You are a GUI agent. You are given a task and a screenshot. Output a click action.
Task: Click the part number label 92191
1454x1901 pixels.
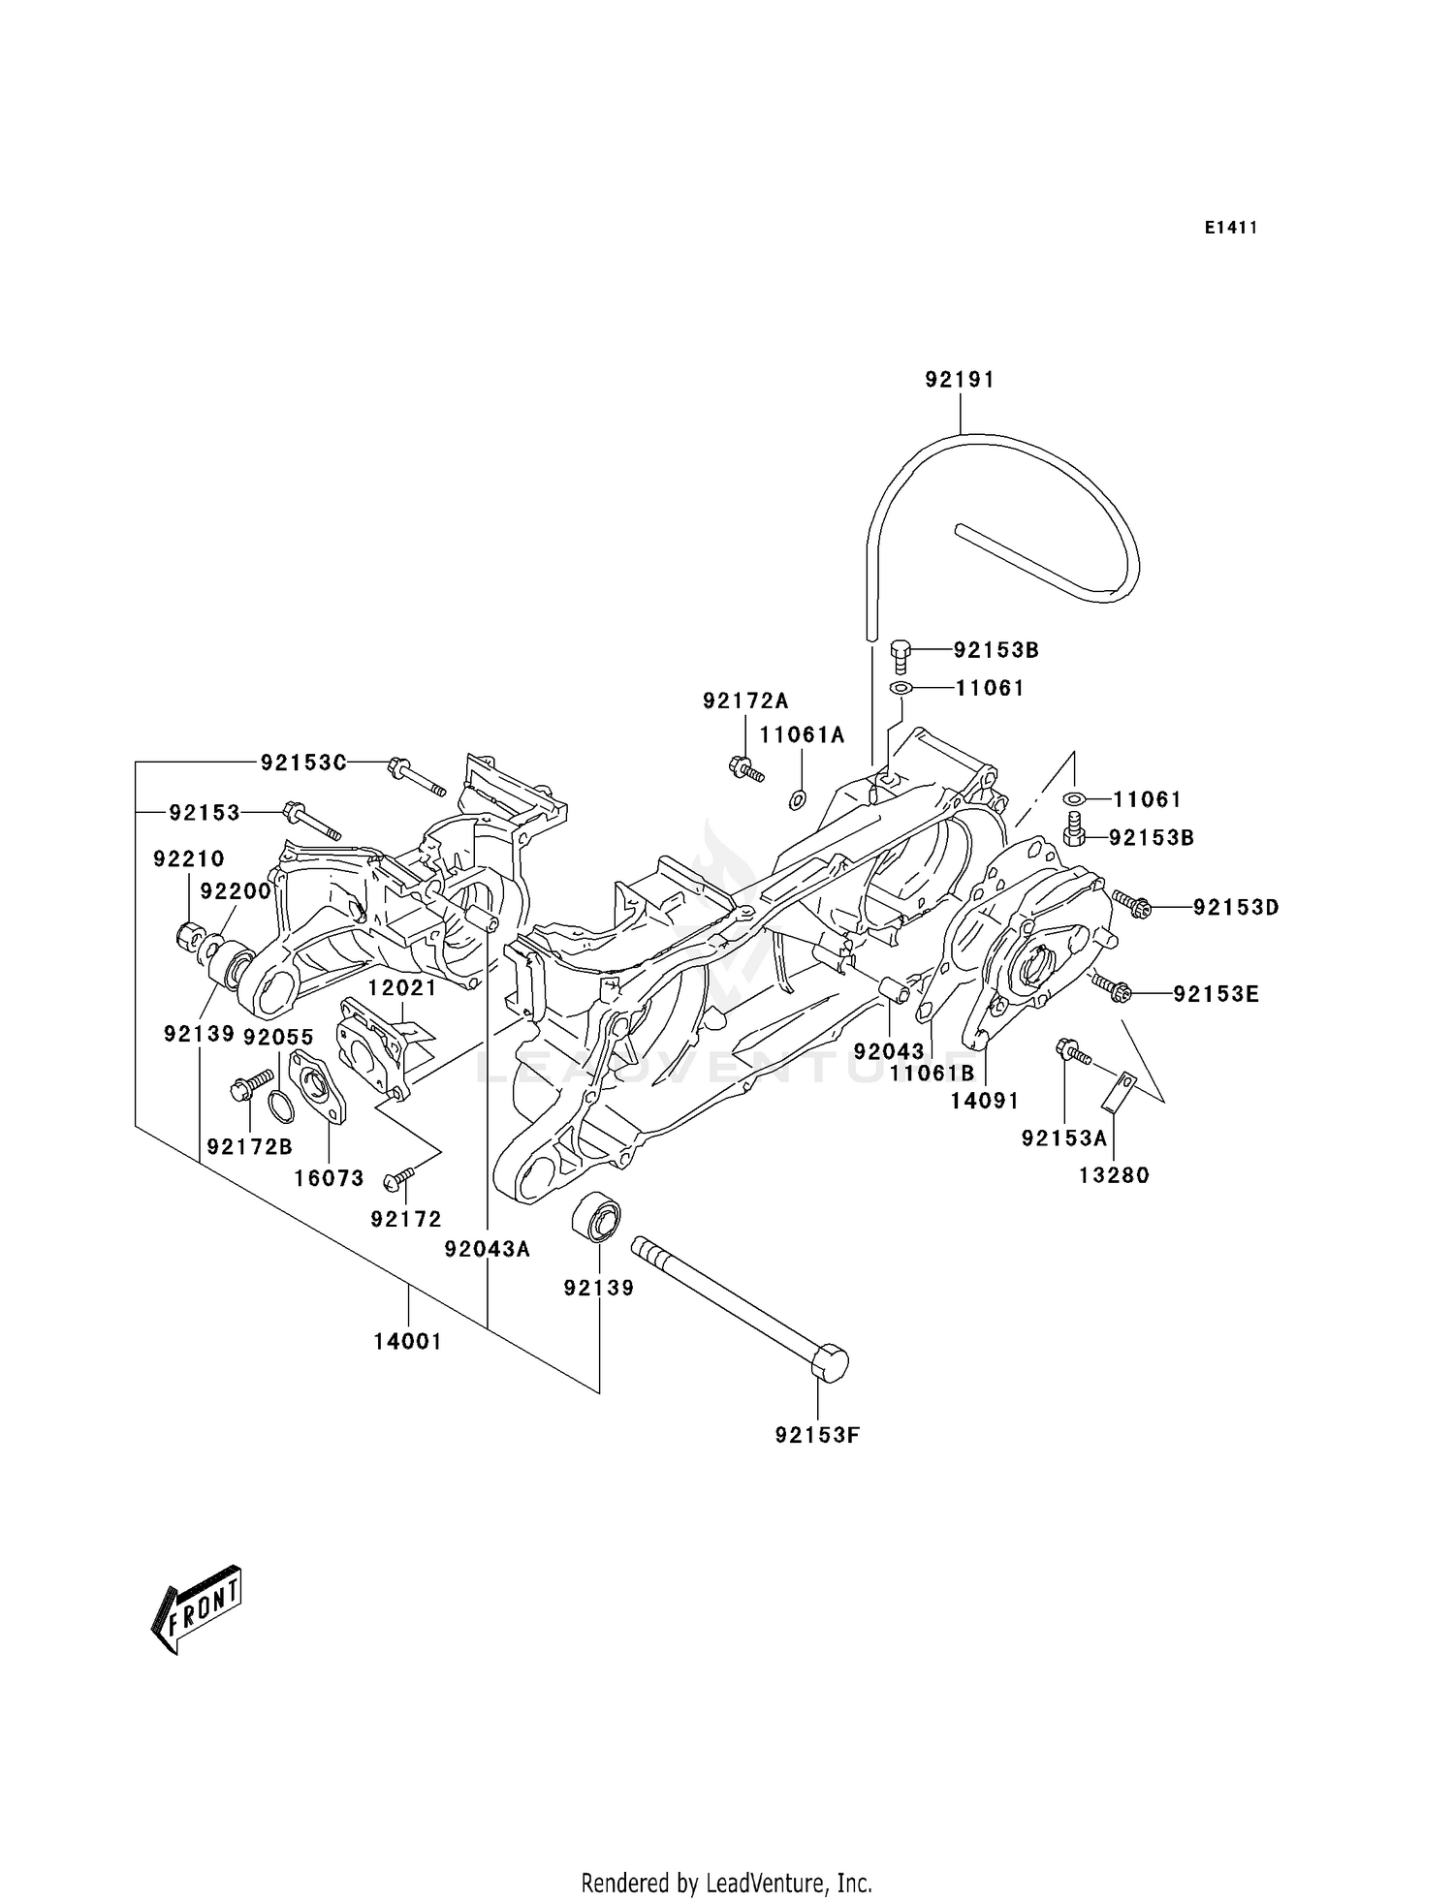click(x=959, y=380)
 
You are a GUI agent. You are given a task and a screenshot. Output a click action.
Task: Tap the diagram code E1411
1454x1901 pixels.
click(x=1231, y=228)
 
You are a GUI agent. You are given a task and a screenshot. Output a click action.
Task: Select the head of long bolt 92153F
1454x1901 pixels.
click(x=827, y=1363)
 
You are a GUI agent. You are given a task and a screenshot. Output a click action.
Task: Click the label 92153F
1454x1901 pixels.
click(x=817, y=1435)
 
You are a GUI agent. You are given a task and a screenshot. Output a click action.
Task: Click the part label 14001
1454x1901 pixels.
click(x=408, y=1342)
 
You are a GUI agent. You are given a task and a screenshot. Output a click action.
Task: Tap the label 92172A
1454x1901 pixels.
click(x=745, y=701)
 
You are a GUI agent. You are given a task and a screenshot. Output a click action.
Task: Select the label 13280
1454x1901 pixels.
click(x=1114, y=1175)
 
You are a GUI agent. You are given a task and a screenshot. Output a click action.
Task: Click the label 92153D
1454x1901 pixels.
click(x=1236, y=908)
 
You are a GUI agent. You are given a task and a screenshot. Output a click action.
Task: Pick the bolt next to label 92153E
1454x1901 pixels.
click(x=1112, y=987)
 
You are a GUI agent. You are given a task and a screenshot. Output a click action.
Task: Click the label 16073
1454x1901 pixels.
click(x=330, y=1178)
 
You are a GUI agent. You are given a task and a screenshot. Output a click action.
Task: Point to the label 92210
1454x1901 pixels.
click(x=188, y=858)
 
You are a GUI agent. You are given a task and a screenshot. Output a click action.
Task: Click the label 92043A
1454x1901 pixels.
click(x=487, y=1250)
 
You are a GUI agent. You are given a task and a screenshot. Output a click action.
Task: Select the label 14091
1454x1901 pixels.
click(x=984, y=1101)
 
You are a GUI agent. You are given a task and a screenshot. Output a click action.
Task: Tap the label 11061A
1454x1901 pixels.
click(x=802, y=735)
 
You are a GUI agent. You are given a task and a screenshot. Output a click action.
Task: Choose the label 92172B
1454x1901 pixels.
click(x=249, y=1147)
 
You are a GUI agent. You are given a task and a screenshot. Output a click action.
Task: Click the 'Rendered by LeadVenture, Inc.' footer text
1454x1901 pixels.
click(x=726, y=1884)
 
